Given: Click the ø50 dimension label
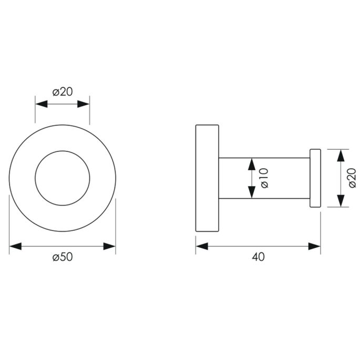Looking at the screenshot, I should [x=62, y=257].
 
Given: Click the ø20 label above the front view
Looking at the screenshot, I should [x=62, y=92].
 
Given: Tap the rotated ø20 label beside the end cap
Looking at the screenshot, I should [x=351, y=178].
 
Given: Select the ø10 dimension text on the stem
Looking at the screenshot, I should [x=264, y=178].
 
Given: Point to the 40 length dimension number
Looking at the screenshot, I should [x=258, y=257].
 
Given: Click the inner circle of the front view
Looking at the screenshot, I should [x=62, y=178].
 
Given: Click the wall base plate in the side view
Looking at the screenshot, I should [x=207, y=178].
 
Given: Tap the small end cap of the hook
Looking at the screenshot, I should [x=315, y=178].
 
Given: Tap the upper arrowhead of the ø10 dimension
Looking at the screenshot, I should [x=251, y=164].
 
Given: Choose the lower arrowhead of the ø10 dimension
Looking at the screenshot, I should [x=251, y=192].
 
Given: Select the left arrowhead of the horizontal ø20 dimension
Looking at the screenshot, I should [x=42, y=104].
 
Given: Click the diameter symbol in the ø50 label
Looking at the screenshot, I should [x=55, y=257].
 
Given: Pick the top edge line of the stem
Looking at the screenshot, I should [x=263, y=158].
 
